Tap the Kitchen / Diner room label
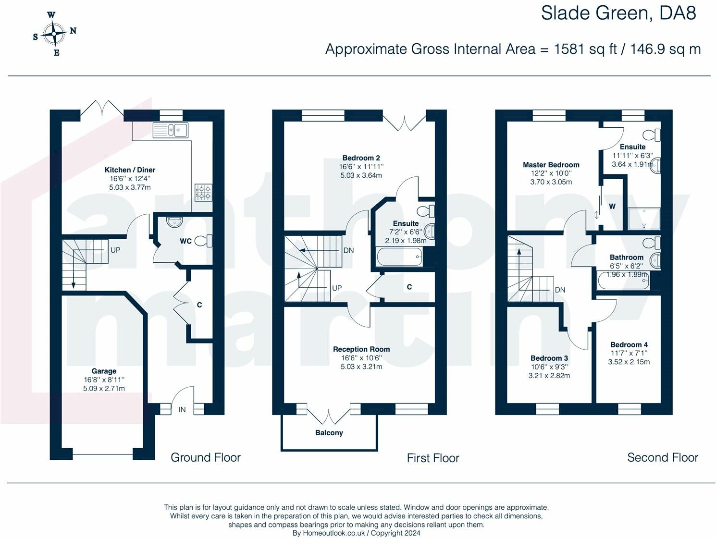[x=130, y=170]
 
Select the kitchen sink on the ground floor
[x=171, y=130]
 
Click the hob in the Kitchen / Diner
[x=203, y=192]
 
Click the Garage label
[x=104, y=371]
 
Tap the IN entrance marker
[x=182, y=410]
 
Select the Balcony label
[x=329, y=433]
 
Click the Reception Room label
[x=361, y=349]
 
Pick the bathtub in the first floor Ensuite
[x=399, y=257]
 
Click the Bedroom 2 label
[x=361, y=158]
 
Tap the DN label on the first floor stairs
[x=348, y=250]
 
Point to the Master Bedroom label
[x=551, y=165]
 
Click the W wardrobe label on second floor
[x=612, y=207]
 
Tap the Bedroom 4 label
[x=629, y=344]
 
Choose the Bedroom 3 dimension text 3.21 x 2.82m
[x=549, y=376]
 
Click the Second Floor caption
[x=662, y=458]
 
